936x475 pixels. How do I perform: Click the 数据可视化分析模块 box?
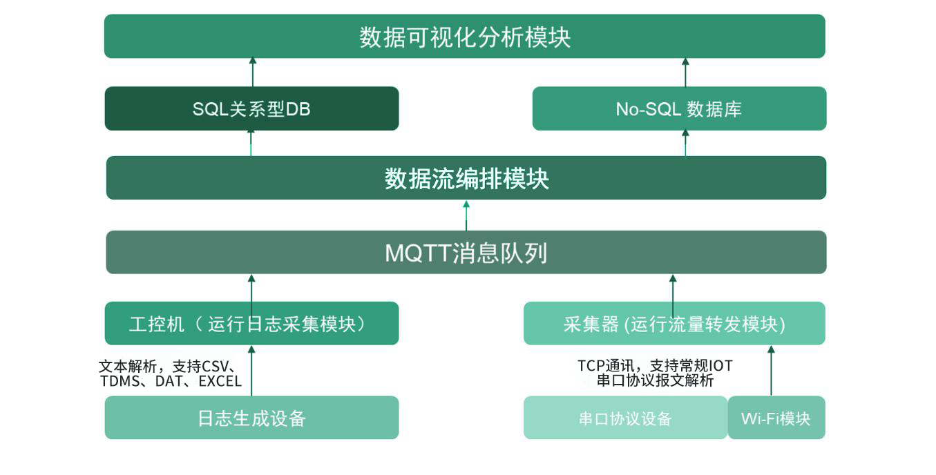(465, 37)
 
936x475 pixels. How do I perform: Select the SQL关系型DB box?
(251, 108)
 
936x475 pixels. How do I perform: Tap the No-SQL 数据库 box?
(680, 108)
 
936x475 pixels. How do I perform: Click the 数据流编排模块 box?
(466, 178)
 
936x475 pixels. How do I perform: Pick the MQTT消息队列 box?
(466, 252)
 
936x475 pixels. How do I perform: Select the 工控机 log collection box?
(251, 323)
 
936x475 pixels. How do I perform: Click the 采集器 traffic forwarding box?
(674, 323)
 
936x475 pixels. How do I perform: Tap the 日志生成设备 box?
(251, 418)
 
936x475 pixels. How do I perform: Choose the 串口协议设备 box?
(626, 418)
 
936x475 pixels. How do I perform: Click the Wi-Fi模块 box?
(776, 418)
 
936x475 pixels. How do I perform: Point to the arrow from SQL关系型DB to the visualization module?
(252, 72)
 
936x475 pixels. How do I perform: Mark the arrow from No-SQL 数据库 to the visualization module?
(685, 72)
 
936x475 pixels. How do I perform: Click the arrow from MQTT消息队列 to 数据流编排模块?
(466, 215)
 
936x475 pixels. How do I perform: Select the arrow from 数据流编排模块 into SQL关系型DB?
(251, 143)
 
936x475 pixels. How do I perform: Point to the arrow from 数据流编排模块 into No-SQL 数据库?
(685, 143)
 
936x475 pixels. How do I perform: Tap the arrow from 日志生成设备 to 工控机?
(251, 371)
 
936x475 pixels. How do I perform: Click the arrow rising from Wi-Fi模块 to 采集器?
(772, 371)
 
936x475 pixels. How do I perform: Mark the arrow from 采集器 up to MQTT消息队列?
(673, 297)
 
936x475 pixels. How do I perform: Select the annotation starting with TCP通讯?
(655, 373)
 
